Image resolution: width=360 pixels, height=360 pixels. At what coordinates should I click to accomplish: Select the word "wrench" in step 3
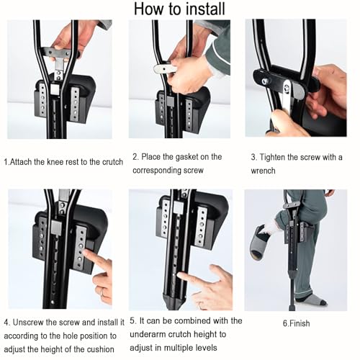click(x=263, y=171)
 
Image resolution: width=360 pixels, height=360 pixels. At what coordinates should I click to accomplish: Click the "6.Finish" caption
click(x=296, y=323)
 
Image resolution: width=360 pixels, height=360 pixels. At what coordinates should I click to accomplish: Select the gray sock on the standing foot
click(x=311, y=300)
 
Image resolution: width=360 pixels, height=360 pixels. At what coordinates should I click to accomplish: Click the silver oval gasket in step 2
click(x=163, y=69)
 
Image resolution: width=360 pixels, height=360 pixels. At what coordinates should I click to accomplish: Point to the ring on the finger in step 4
click(x=102, y=292)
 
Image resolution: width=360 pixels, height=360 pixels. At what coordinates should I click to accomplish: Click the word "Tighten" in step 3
click(x=272, y=158)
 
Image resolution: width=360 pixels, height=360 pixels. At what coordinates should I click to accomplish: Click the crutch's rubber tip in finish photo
click(x=292, y=307)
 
